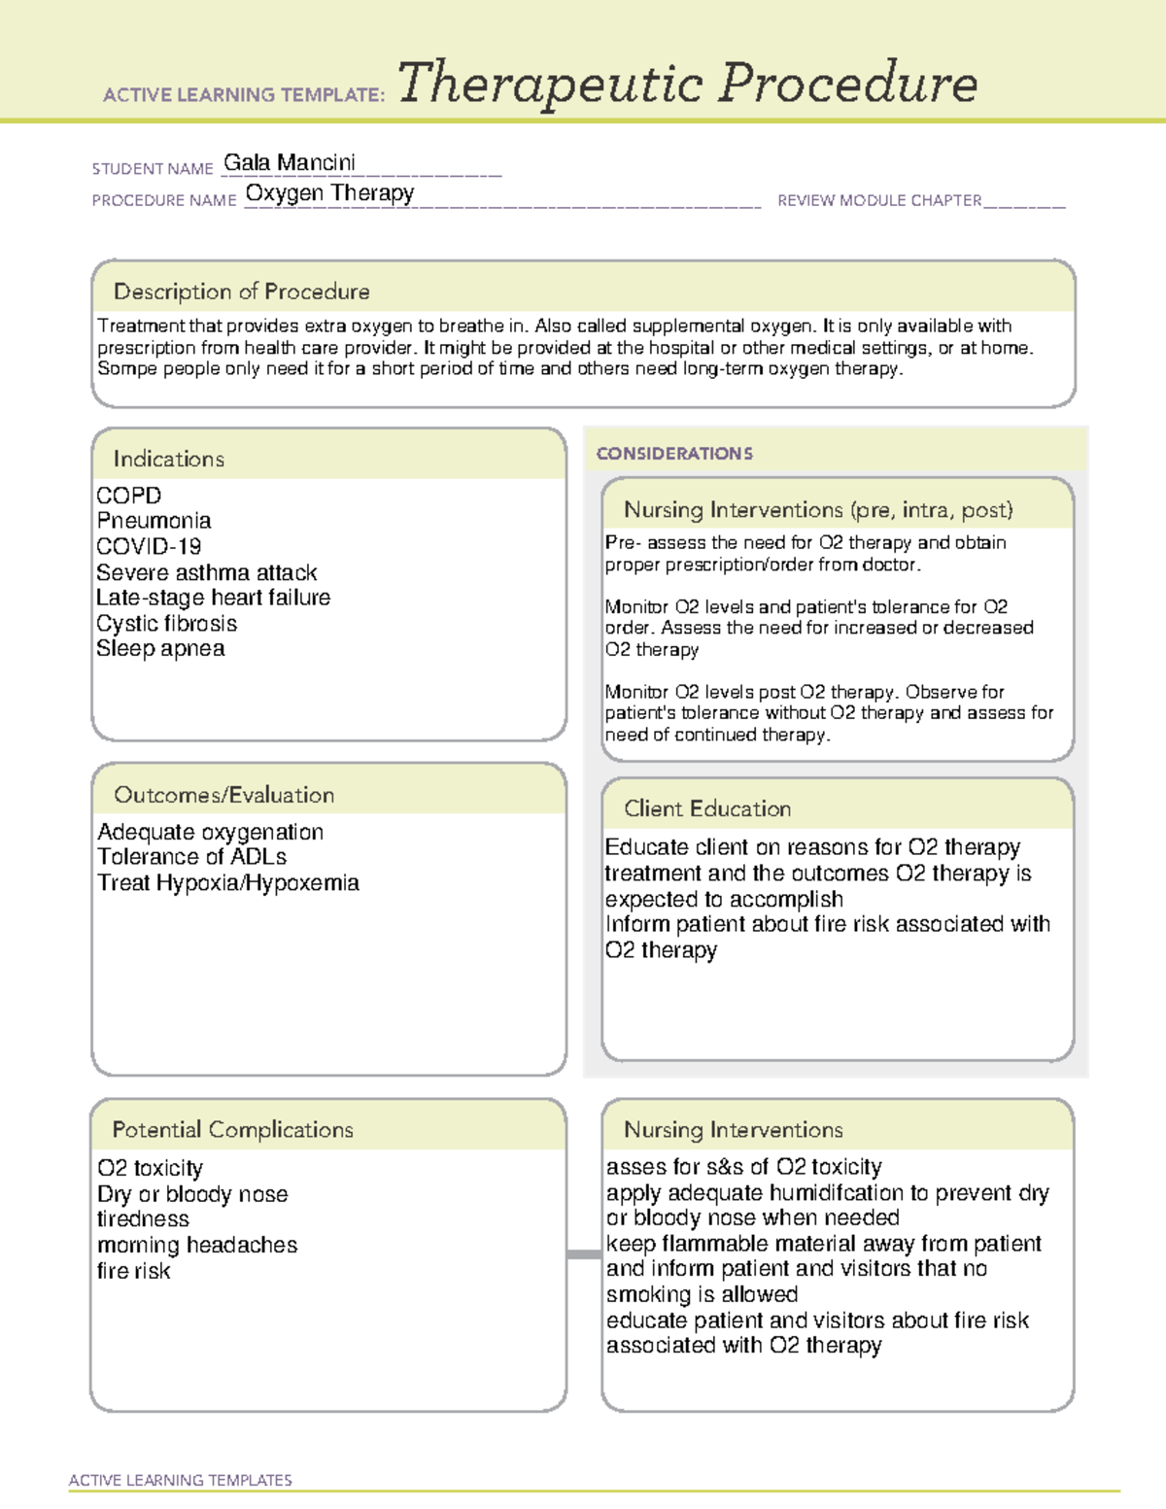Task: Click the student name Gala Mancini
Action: tap(289, 162)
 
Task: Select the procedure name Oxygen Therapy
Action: tap(329, 192)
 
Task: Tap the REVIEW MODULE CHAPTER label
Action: tap(878, 200)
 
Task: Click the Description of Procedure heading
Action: tap(241, 292)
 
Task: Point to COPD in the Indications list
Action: tap(128, 496)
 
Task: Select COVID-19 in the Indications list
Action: tap(149, 546)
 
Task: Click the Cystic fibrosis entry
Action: tap(166, 623)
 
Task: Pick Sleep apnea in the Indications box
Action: tap(160, 648)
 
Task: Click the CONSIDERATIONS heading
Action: tap(673, 453)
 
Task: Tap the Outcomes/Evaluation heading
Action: tap(223, 795)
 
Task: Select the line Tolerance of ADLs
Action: tap(191, 857)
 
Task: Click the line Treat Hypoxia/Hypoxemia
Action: tap(227, 882)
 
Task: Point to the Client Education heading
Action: tap(706, 808)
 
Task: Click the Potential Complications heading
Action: tap(232, 1129)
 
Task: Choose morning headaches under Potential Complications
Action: tap(196, 1245)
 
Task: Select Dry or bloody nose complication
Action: tap(192, 1193)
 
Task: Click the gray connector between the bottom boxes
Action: tap(583, 1254)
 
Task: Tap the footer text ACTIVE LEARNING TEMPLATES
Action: tap(180, 1480)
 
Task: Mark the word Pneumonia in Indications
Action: tap(154, 521)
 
